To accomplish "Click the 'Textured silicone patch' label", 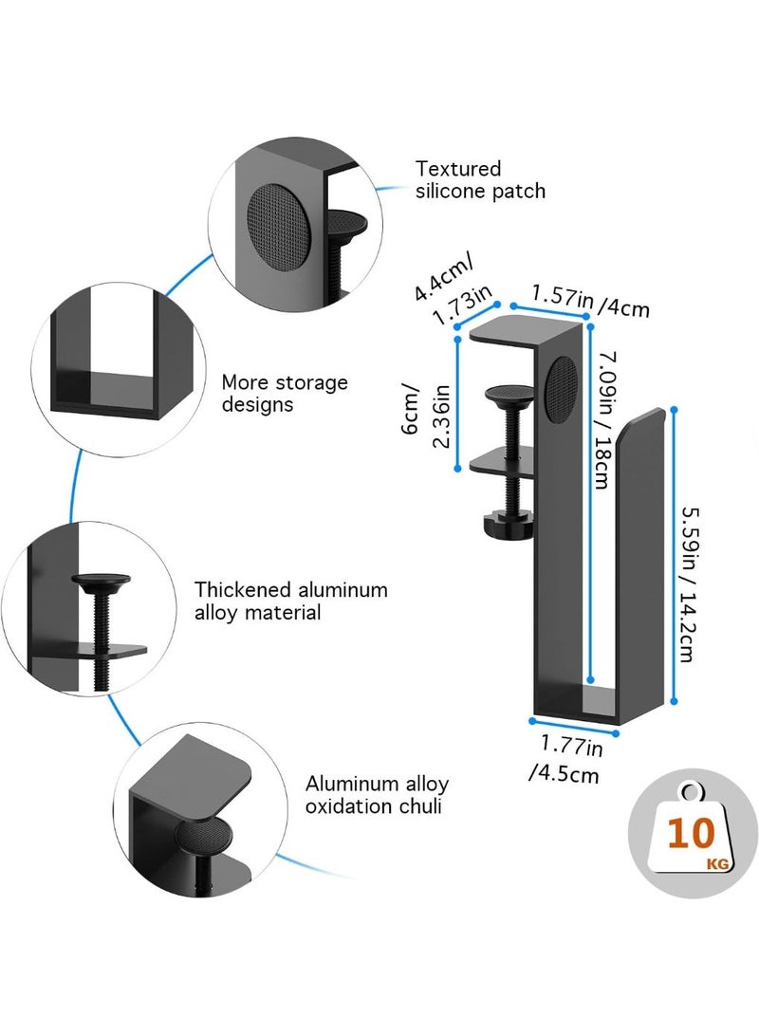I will pos(480,180).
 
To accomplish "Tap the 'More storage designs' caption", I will pos(285,394).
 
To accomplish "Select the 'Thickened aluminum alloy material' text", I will pos(291,601).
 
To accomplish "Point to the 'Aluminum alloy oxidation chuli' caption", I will pos(377,795).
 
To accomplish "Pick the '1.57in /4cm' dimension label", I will pos(590,302).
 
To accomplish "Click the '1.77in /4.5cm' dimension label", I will pos(566,760).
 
